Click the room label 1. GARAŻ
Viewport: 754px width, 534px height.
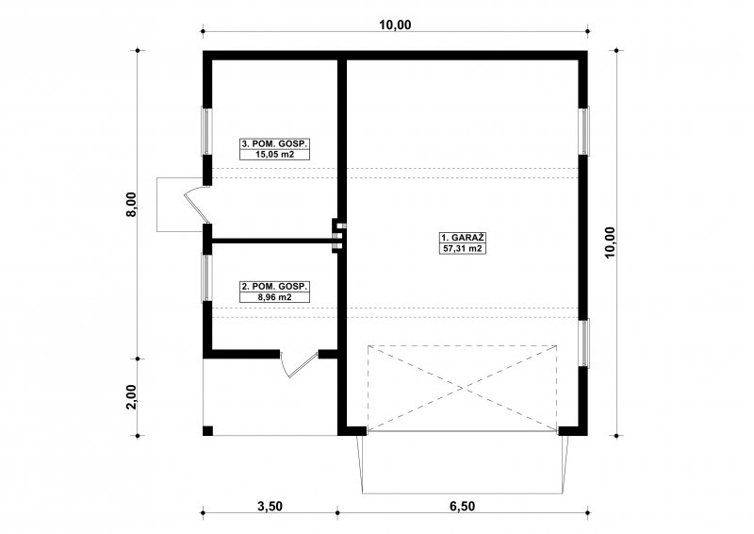tap(462, 238)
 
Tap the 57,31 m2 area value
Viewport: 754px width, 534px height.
tap(462, 248)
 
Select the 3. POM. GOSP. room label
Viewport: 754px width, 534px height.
tap(274, 143)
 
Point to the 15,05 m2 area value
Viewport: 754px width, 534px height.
tap(274, 155)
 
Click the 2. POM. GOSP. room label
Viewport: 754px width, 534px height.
tap(274, 287)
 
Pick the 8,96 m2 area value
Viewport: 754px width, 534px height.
tap(274, 297)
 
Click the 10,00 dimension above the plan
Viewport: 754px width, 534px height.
tap(395, 25)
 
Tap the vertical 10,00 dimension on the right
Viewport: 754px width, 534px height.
tap(610, 242)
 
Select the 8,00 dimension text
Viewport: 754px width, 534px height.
tap(131, 204)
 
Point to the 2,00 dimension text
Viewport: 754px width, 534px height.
tap(131, 397)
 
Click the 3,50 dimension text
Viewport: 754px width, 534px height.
tap(270, 506)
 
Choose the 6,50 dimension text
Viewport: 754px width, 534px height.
tap(462, 506)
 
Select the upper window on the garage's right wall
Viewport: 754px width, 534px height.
tap(584, 131)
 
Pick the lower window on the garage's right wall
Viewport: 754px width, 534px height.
tap(584, 343)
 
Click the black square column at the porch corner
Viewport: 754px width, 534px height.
tap(207, 431)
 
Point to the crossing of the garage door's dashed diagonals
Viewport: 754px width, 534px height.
tap(462, 388)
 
